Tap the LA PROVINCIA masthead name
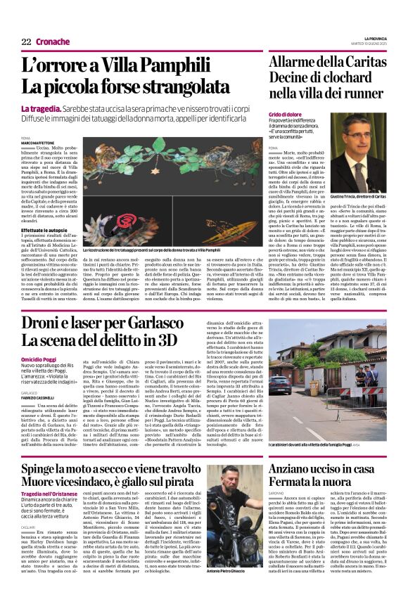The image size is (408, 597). click(x=374, y=38)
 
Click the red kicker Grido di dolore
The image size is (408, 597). click(x=285, y=113)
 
